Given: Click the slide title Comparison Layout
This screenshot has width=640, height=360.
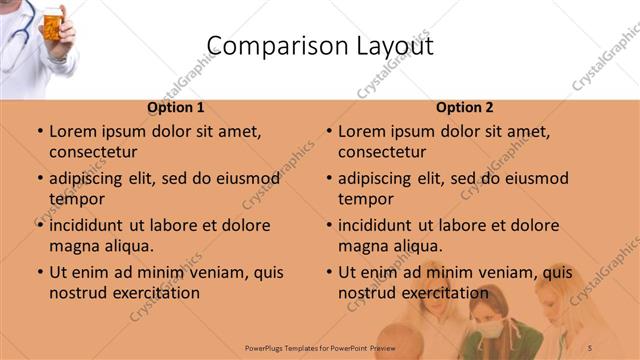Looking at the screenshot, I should click(320, 46).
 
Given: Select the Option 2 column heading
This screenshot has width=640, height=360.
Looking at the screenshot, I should click(464, 107).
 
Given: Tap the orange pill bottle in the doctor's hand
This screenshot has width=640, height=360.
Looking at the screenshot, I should click(51, 22).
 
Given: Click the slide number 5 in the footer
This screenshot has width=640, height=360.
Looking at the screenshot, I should click(590, 346).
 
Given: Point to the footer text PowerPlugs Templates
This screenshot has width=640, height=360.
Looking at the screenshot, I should click(270, 346).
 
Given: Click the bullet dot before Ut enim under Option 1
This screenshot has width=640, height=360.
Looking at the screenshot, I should click(39, 272).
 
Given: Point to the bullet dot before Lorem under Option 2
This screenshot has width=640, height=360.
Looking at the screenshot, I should click(328, 131).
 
